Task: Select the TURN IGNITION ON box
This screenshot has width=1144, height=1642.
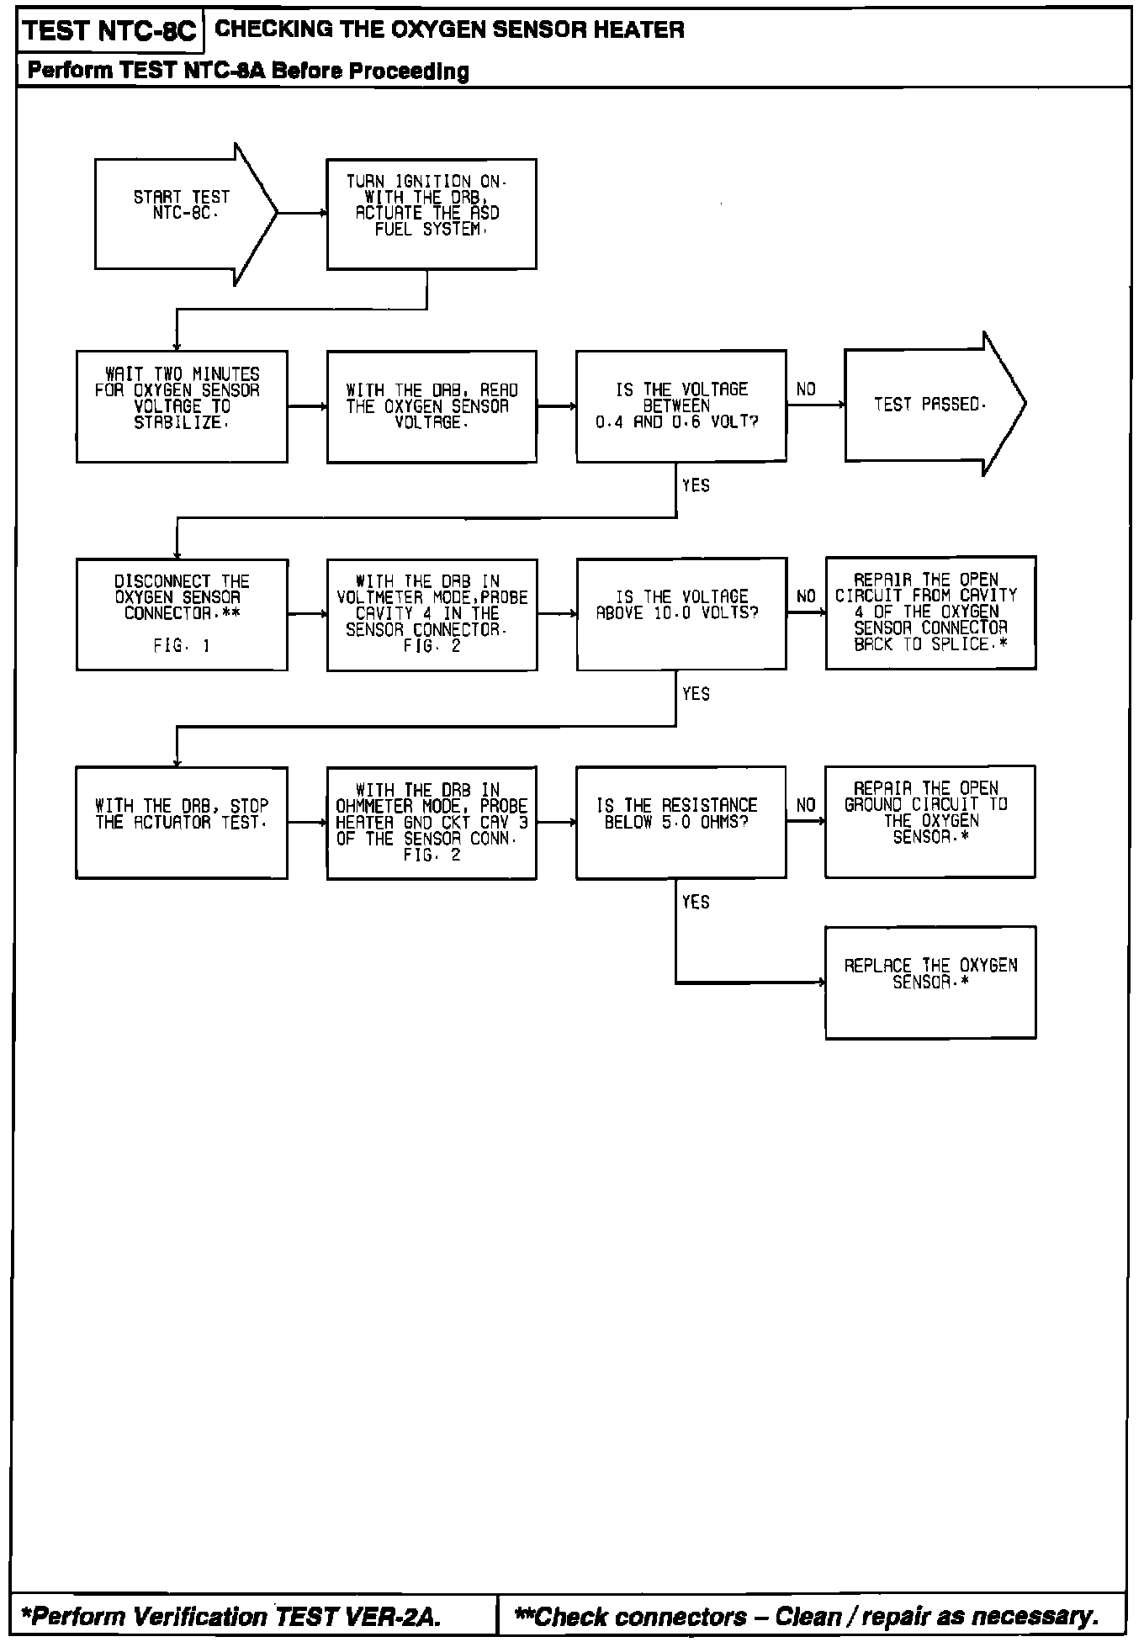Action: pos(432,214)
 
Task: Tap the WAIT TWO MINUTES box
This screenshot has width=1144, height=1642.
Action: pos(182,406)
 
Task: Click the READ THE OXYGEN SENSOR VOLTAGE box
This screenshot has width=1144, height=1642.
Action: pos(432,406)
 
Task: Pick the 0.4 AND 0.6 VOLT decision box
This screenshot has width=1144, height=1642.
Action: pos(681,405)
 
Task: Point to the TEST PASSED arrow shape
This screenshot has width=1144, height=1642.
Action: pos(929,405)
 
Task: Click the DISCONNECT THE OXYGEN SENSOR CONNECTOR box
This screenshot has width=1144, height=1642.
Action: pos(182,614)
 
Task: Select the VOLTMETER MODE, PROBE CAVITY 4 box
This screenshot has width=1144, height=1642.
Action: pos(432,614)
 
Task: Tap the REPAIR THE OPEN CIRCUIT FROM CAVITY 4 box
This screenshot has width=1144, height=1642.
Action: pos(930,612)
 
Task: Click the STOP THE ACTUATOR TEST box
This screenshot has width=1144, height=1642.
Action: pos(182,822)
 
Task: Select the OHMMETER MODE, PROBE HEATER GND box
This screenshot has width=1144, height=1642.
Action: pos(432,823)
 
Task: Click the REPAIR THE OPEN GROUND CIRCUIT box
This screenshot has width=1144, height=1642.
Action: pos(929,821)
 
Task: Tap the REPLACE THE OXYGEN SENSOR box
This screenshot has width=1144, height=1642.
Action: pos(930,983)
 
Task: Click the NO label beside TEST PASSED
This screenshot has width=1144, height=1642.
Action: pos(806,389)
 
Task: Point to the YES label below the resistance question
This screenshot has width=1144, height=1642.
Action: pos(696,903)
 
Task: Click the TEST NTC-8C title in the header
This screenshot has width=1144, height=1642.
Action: pos(109,32)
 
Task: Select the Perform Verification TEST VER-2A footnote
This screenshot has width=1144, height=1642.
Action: pos(230,1616)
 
